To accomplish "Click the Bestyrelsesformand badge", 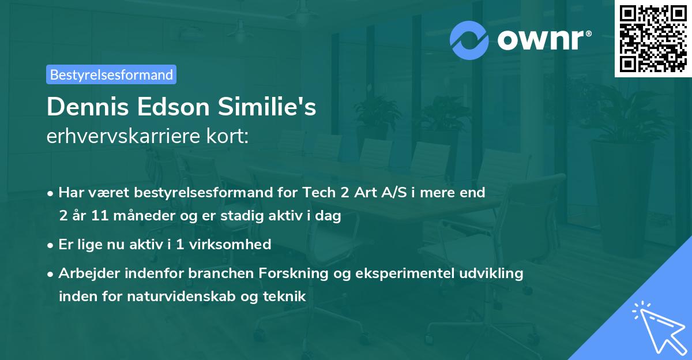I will coord(111,74).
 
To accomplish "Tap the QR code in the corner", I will coord(653,39).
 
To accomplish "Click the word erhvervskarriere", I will coord(126,137).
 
